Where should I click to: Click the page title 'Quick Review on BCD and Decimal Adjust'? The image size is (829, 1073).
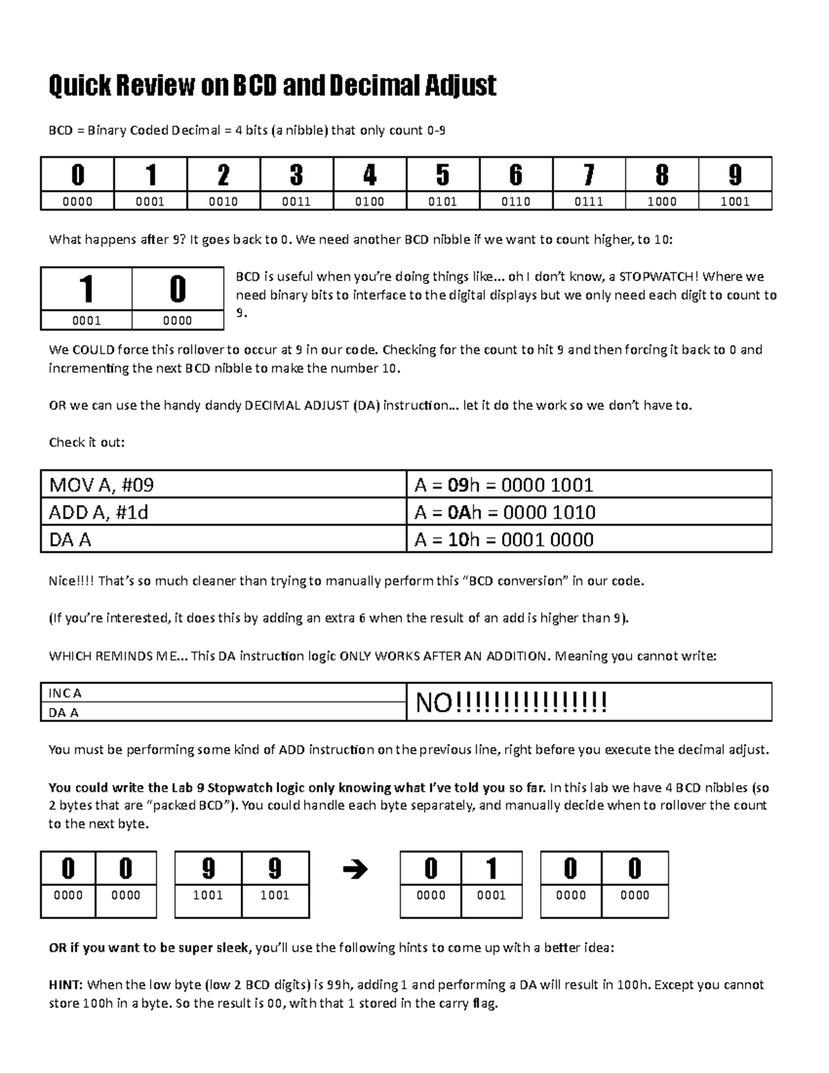pyautogui.click(x=272, y=86)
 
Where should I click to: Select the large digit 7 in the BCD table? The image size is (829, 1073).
pyautogui.click(x=589, y=175)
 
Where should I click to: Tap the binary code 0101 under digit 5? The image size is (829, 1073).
pyautogui.click(x=442, y=202)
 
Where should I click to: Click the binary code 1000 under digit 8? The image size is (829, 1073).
pyautogui.click(x=662, y=202)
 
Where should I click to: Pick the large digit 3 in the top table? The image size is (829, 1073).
pyautogui.click(x=296, y=175)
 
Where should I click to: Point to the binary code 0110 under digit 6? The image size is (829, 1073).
pyautogui.click(x=515, y=202)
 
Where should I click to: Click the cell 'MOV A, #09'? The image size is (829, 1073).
pyautogui.click(x=101, y=485)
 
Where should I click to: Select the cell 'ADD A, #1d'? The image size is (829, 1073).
pyautogui.click(x=98, y=513)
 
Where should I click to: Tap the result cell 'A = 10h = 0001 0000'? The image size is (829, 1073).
pyautogui.click(x=504, y=540)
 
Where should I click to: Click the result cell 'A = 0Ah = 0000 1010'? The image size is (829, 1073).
pyautogui.click(x=504, y=513)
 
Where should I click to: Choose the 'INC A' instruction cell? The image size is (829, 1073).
pyautogui.click(x=65, y=693)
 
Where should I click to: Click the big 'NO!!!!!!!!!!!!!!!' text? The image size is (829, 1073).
pyautogui.click(x=511, y=703)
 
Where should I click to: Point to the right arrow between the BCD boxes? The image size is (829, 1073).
pyautogui.click(x=355, y=869)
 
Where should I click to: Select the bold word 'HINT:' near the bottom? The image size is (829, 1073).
pyautogui.click(x=66, y=985)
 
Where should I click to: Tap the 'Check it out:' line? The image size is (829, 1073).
pyautogui.click(x=86, y=442)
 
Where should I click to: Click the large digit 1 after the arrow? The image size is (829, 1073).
pyautogui.click(x=491, y=868)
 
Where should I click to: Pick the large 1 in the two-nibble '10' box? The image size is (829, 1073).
pyautogui.click(x=86, y=289)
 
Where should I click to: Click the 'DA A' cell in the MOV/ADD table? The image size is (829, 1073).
pyautogui.click(x=70, y=540)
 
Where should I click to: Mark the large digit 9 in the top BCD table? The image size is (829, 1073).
pyautogui.click(x=734, y=175)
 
